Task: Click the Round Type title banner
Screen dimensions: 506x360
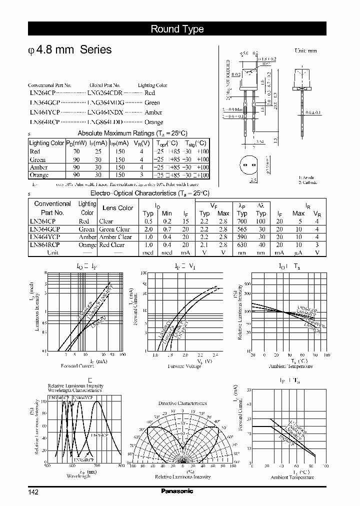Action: (177, 29)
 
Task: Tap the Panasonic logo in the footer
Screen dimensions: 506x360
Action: (176, 491)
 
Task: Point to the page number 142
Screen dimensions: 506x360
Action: (33, 492)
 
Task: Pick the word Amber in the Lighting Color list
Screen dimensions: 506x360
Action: (153, 112)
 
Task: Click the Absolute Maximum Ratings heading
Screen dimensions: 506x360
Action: (132, 133)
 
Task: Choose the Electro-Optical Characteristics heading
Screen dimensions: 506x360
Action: (149, 193)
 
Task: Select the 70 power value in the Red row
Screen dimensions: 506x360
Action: (76, 151)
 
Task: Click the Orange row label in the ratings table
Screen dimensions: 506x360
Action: (39, 175)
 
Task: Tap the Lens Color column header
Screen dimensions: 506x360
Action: (117, 208)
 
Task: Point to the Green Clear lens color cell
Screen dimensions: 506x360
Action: (114, 229)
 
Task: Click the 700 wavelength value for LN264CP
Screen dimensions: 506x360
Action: (242, 221)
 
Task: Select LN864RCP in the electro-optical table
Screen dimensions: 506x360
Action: (44, 245)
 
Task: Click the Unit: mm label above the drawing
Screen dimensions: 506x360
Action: (305, 51)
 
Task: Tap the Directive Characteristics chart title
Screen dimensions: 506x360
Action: (182, 403)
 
